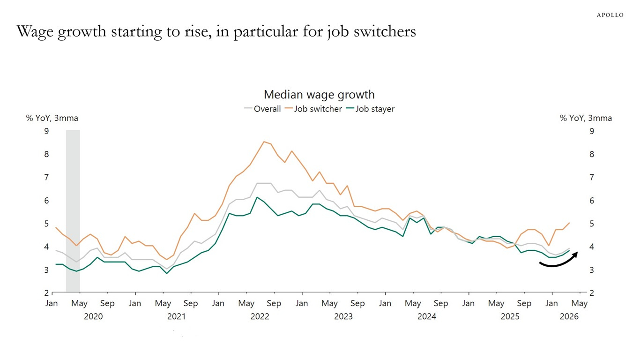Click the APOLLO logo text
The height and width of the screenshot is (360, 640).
[610, 15]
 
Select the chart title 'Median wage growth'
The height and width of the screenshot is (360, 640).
[319, 95]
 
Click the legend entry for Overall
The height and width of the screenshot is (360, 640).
[263, 109]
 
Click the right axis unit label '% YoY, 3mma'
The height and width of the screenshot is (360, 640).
[586, 118]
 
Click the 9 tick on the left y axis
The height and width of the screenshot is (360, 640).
[46, 131]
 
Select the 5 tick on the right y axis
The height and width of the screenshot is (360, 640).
[592, 224]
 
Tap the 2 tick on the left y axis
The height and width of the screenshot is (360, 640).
[46, 293]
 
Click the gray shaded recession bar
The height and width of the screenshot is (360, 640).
[73, 211]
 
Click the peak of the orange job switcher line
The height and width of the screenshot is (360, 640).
[264, 142]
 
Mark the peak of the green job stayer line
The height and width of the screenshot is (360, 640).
[257, 197]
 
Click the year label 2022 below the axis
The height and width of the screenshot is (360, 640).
[260, 316]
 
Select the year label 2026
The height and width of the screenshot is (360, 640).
[569, 316]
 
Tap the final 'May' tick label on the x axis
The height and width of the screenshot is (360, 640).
[580, 304]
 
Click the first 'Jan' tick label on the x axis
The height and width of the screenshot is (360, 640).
[52, 304]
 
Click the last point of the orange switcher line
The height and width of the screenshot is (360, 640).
[569, 223]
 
